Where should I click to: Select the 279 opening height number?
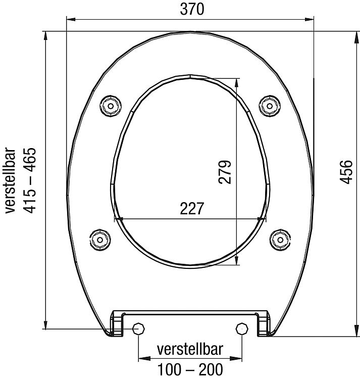225,172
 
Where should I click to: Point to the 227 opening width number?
192,209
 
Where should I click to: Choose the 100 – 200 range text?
190,369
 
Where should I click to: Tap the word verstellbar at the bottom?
190,350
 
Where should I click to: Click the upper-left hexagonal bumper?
111,105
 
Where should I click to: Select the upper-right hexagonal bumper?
269,105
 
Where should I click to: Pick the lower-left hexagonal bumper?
100,238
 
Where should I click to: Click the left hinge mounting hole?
138,329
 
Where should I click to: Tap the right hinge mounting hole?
241,329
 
